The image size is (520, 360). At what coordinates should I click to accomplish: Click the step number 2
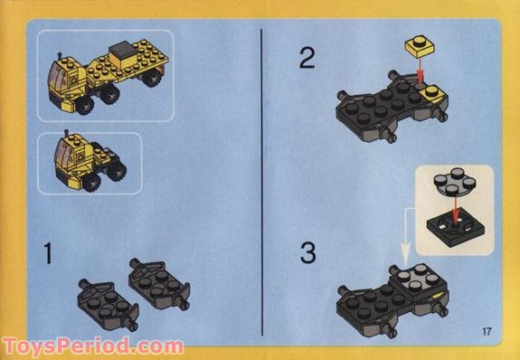(308, 61)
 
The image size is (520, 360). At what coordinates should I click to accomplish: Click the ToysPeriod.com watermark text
(92, 346)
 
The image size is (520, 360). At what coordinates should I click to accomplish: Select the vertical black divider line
(261, 180)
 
